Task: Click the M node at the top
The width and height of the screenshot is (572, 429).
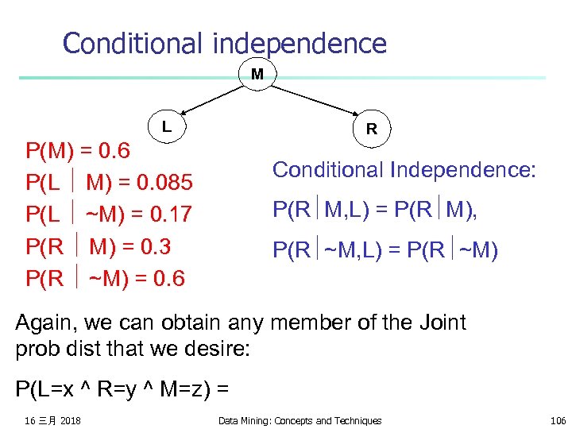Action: click(257, 75)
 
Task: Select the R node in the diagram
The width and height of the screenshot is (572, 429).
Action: click(371, 129)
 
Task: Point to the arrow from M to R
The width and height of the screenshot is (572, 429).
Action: click(312, 99)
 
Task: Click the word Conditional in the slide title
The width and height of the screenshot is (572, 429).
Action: click(135, 43)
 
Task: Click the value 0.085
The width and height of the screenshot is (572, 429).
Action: click(163, 184)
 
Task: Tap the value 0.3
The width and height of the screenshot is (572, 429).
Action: click(153, 247)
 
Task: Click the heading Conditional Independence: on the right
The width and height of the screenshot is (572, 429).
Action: click(404, 169)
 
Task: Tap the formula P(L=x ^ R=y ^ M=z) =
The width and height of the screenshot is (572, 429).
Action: click(122, 389)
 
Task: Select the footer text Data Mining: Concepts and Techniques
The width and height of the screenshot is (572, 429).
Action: click(300, 420)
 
